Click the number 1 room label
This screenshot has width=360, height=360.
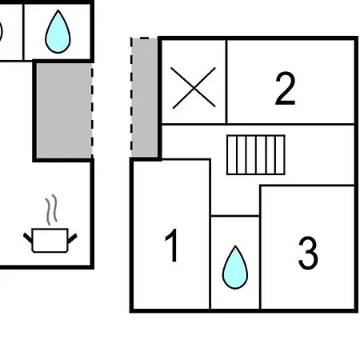(172, 245)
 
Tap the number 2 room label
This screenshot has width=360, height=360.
(286, 88)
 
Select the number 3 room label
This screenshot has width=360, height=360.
(308, 253)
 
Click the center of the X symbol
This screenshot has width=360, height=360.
(194, 88)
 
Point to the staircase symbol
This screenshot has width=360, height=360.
(256, 155)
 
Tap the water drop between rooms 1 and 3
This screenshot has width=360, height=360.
(235, 267)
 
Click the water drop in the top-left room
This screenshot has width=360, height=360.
(58, 31)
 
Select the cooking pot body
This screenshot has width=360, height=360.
(50, 240)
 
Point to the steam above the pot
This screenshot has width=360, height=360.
(51, 210)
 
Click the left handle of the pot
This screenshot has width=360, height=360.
(27, 238)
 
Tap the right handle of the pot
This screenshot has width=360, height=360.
(73, 238)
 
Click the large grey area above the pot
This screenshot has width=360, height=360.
(64, 110)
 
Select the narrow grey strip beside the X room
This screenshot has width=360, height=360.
(144, 98)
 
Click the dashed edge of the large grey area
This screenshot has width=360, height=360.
(92, 110)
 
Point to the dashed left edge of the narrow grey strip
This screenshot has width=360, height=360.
(131, 98)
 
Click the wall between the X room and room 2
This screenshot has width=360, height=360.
(226, 82)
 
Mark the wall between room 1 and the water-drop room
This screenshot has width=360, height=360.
(210, 234)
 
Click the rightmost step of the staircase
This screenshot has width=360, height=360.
(280, 155)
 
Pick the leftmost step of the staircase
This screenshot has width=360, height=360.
(232, 155)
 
